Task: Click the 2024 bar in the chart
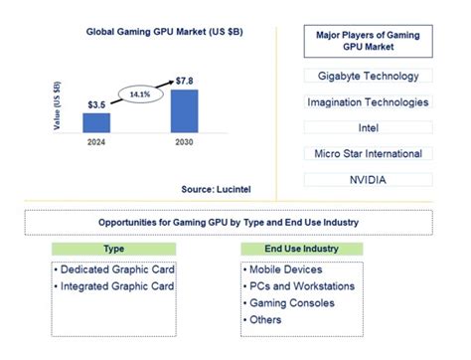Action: tap(97, 122)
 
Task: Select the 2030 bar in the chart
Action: tap(184, 110)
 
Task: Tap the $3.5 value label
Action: tap(96, 104)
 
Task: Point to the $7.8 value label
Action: tap(184, 80)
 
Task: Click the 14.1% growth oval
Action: tap(138, 95)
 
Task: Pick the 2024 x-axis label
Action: tap(96, 143)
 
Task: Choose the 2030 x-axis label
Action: tap(184, 143)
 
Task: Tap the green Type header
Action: tap(114, 249)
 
